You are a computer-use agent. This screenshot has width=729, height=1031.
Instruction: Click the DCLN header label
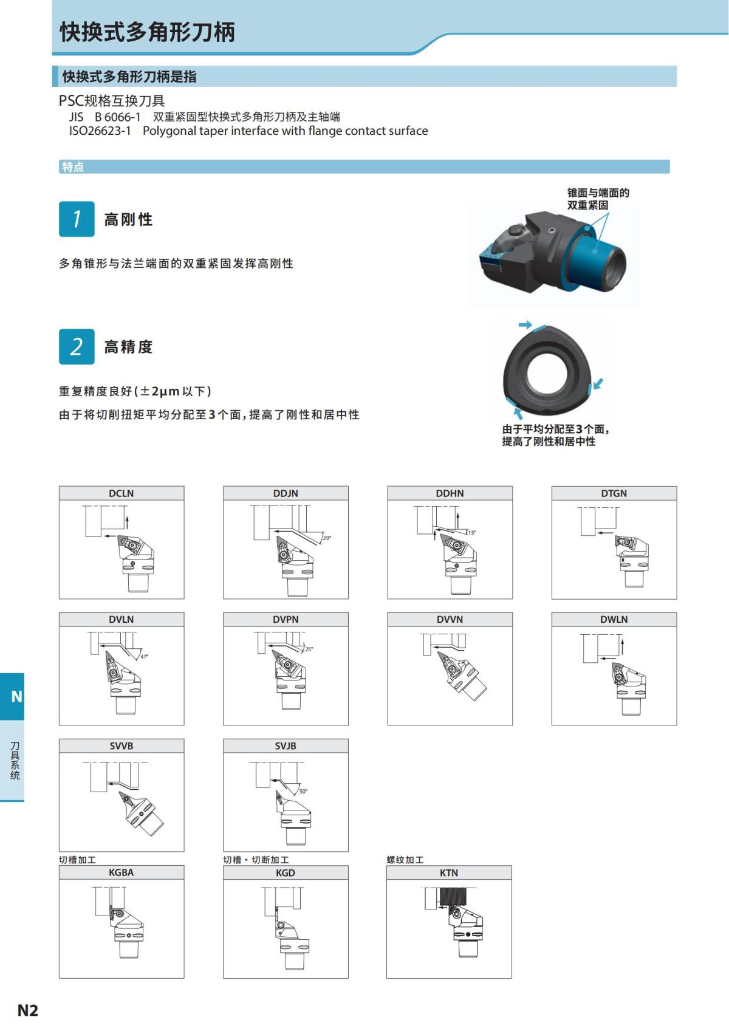tap(121, 493)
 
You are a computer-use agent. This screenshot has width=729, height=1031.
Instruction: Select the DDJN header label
tap(286, 493)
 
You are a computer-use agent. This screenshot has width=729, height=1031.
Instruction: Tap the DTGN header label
tap(614, 493)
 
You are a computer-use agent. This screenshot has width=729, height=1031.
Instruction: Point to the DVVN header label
tap(450, 620)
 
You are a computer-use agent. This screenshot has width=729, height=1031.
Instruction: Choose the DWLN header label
tap(614, 620)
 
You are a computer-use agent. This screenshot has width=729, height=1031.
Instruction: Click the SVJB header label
tap(286, 746)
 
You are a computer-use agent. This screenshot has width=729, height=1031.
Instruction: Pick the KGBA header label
tap(121, 872)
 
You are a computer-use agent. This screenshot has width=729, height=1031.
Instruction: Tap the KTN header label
tap(449, 873)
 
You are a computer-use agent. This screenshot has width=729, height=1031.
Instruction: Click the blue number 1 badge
tap(77, 219)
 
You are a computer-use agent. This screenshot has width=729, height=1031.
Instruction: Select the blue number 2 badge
tap(77, 346)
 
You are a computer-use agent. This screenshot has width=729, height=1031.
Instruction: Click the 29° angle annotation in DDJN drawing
tap(327, 538)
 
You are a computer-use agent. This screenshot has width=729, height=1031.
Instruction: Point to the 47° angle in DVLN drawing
tap(144, 657)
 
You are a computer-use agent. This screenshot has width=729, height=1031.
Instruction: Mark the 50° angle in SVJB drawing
tap(303, 791)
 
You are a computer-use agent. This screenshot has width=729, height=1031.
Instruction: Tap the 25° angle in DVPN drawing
tap(309, 649)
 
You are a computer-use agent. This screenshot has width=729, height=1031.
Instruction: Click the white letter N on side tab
tap(16, 696)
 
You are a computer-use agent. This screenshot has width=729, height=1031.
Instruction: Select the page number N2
tap(27, 1010)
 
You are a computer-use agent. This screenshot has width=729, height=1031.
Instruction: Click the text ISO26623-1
tap(100, 131)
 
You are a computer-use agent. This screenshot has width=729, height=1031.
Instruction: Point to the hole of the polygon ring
tap(547, 372)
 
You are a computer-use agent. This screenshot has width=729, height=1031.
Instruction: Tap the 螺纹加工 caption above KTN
tap(405, 860)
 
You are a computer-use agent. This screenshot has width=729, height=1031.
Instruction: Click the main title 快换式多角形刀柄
tap(147, 32)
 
